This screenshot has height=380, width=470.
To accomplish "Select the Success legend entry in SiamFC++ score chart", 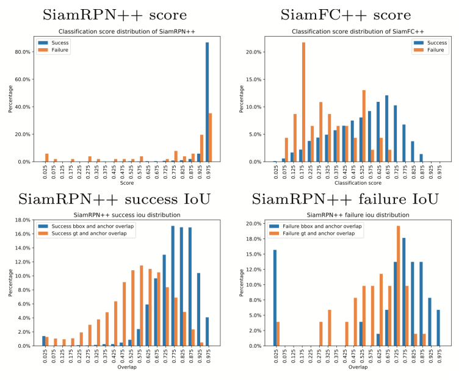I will [x=433, y=43].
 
